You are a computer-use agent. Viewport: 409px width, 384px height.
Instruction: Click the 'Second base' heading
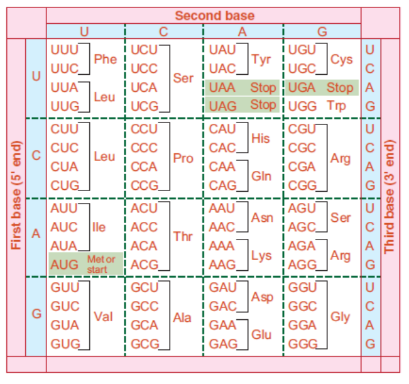(x=214, y=16)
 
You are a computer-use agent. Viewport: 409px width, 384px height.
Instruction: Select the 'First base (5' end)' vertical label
(x=16, y=195)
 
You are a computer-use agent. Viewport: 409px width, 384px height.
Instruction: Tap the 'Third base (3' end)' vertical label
(x=389, y=196)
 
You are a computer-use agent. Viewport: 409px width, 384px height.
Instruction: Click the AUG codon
(x=65, y=265)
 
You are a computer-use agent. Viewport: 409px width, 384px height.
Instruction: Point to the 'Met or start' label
(x=101, y=264)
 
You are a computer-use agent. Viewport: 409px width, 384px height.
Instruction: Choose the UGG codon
(x=302, y=106)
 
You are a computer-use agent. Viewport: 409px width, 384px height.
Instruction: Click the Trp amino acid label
(x=336, y=106)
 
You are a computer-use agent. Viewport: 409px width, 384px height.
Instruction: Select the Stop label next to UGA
(x=340, y=87)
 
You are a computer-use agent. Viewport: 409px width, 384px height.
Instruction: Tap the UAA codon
(x=222, y=87)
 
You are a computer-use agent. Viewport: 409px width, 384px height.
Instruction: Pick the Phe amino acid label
(x=105, y=59)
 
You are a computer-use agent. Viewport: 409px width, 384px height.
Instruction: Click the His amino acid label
(x=260, y=138)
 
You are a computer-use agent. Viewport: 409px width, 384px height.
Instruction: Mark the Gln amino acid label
(x=261, y=177)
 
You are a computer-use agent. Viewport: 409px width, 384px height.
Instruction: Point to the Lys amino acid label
(x=261, y=256)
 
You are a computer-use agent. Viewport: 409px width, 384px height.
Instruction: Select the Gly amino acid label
(x=340, y=317)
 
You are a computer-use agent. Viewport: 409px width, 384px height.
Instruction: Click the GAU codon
(x=223, y=287)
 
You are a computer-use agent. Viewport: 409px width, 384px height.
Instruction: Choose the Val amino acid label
(x=103, y=317)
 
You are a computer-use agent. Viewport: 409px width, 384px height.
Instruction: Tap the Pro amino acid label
(x=183, y=158)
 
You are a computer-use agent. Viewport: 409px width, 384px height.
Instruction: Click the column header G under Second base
(x=322, y=32)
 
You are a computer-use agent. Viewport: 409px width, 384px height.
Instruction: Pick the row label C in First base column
(x=36, y=155)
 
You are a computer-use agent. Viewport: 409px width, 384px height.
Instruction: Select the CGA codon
(x=302, y=167)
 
